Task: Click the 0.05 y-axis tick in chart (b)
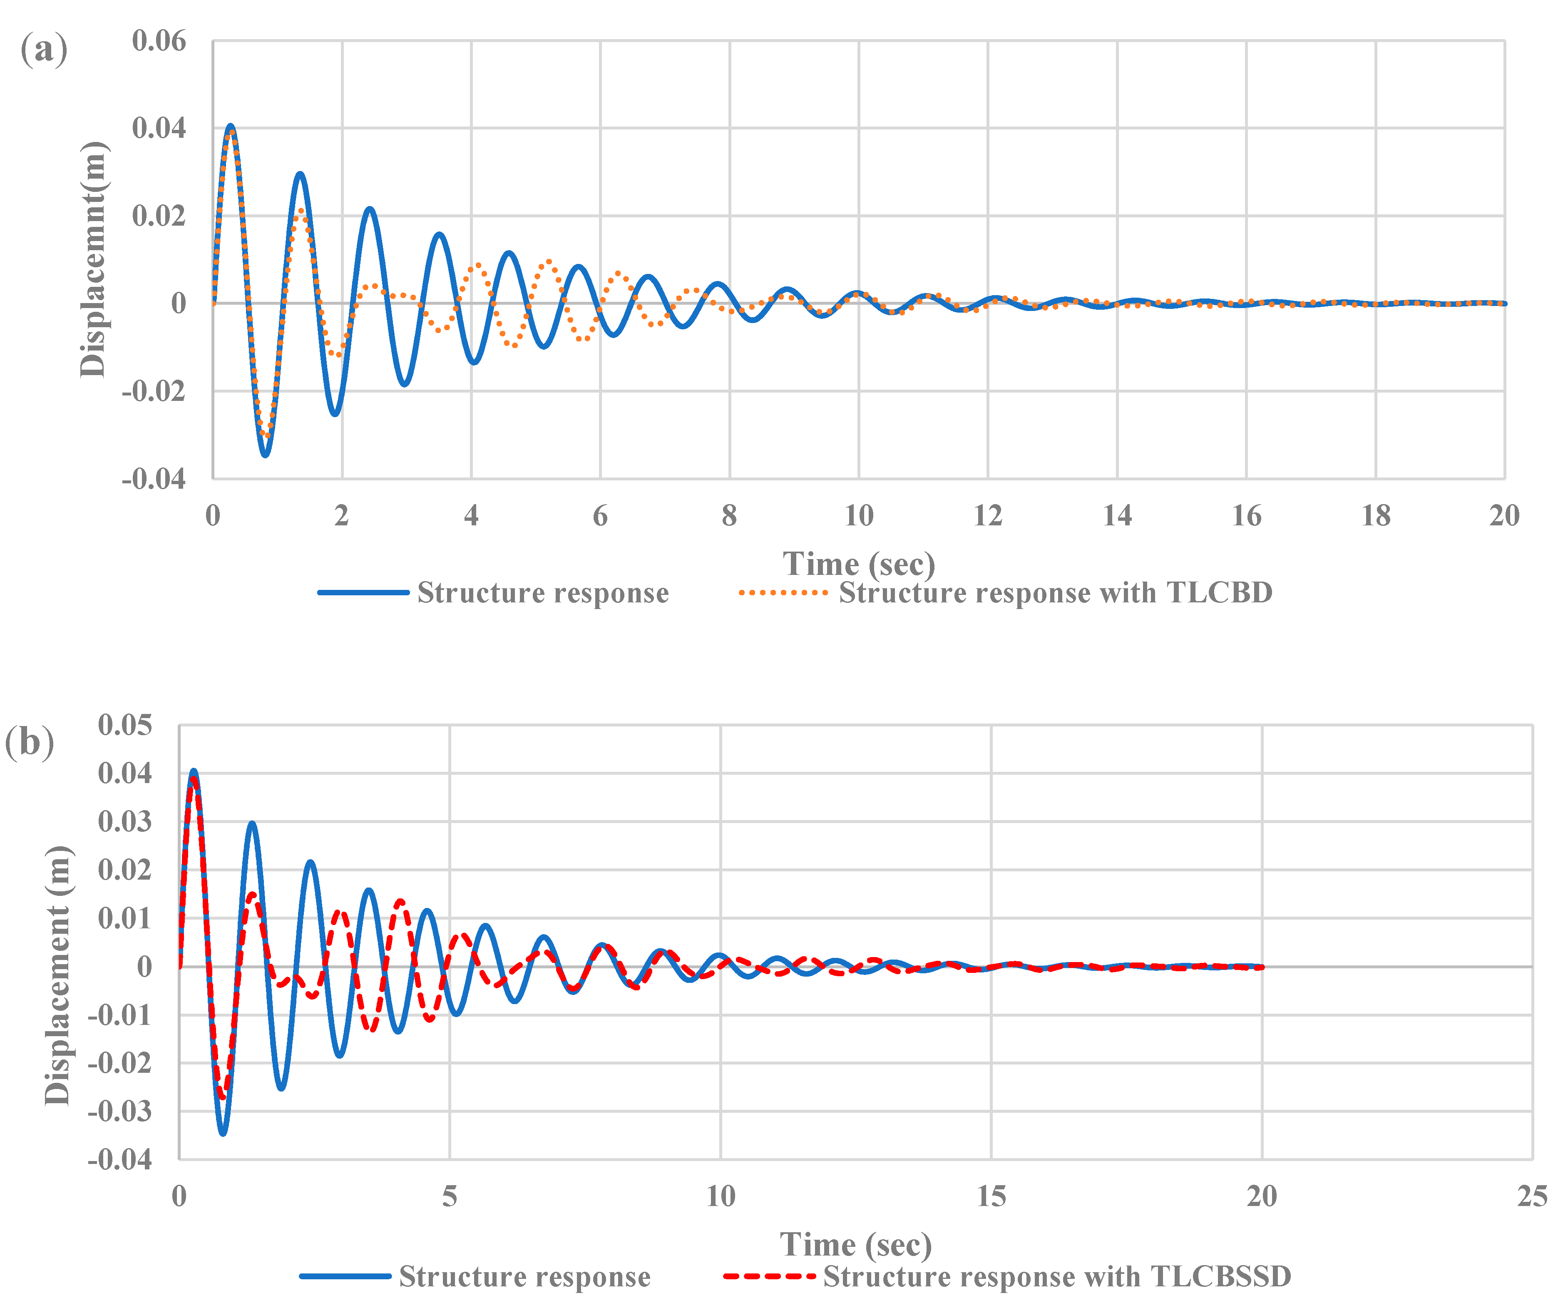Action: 125,725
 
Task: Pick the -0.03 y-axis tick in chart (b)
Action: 119,1112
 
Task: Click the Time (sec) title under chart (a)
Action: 859,564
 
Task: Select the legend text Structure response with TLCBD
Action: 1055,593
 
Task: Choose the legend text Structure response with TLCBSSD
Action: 1056,1277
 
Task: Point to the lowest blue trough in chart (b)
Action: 223,1133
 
